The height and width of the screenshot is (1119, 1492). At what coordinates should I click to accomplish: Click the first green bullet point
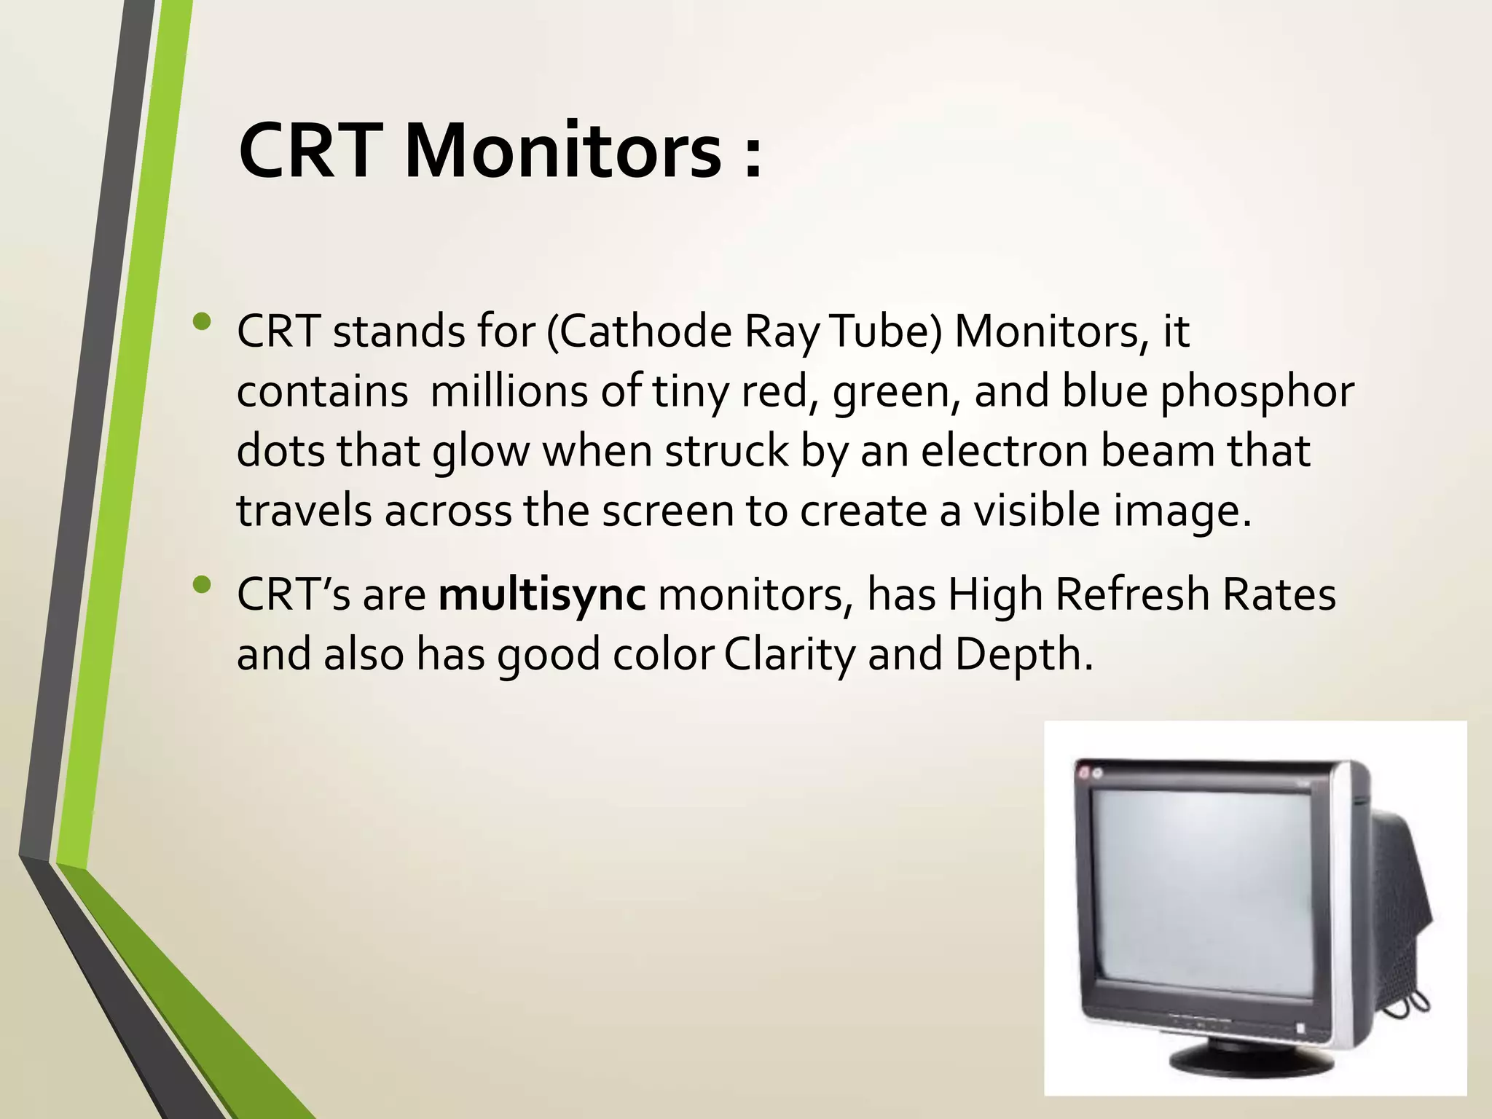point(202,321)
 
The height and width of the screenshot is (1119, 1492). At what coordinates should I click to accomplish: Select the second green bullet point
point(202,584)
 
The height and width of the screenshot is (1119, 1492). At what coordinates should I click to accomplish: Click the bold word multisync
point(542,596)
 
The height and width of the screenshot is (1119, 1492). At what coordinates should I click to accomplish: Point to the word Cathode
point(645,332)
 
